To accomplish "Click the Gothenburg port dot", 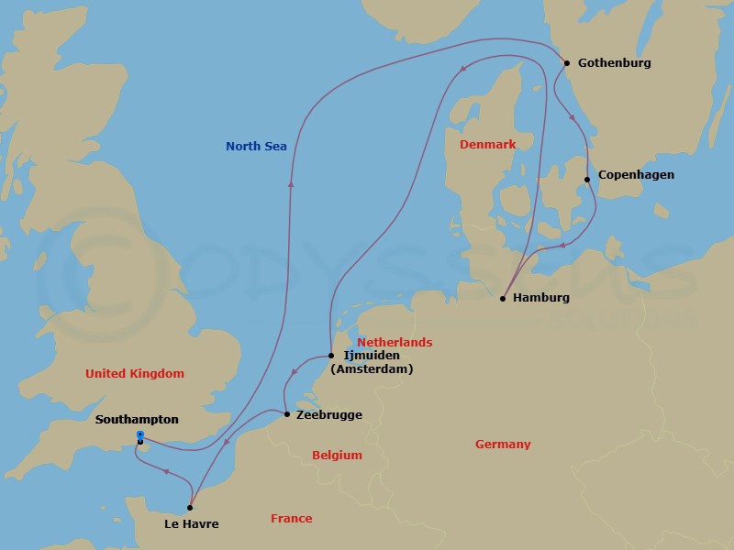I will [567, 63].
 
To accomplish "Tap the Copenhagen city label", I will [636, 175].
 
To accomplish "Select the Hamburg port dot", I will [503, 298].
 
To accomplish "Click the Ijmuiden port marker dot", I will [330, 356].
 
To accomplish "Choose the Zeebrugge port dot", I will [287, 415].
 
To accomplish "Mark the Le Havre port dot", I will [190, 507].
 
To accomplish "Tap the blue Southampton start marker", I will [139, 434].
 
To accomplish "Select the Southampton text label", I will [136, 419].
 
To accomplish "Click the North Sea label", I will [256, 146].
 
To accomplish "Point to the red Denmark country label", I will [487, 145].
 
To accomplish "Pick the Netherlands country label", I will [395, 342].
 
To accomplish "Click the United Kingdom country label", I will [134, 373].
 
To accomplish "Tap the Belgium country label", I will [337, 455].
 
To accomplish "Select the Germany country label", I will [503, 445].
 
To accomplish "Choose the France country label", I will [291, 519].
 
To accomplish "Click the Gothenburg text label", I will [615, 63].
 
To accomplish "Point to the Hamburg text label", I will [541, 298].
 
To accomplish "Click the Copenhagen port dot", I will [587, 180].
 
